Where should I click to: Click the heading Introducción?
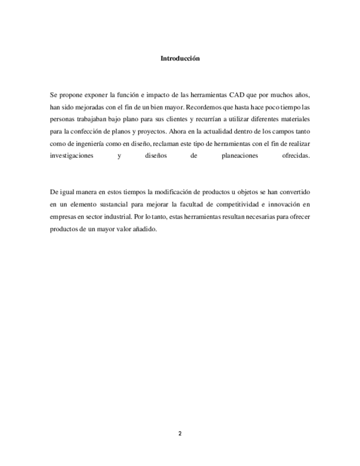[180, 58]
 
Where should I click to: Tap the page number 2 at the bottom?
[180, 434]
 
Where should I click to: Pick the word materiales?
[295, 119]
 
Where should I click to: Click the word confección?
[90, 131]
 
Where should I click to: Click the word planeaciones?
[236, 156]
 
